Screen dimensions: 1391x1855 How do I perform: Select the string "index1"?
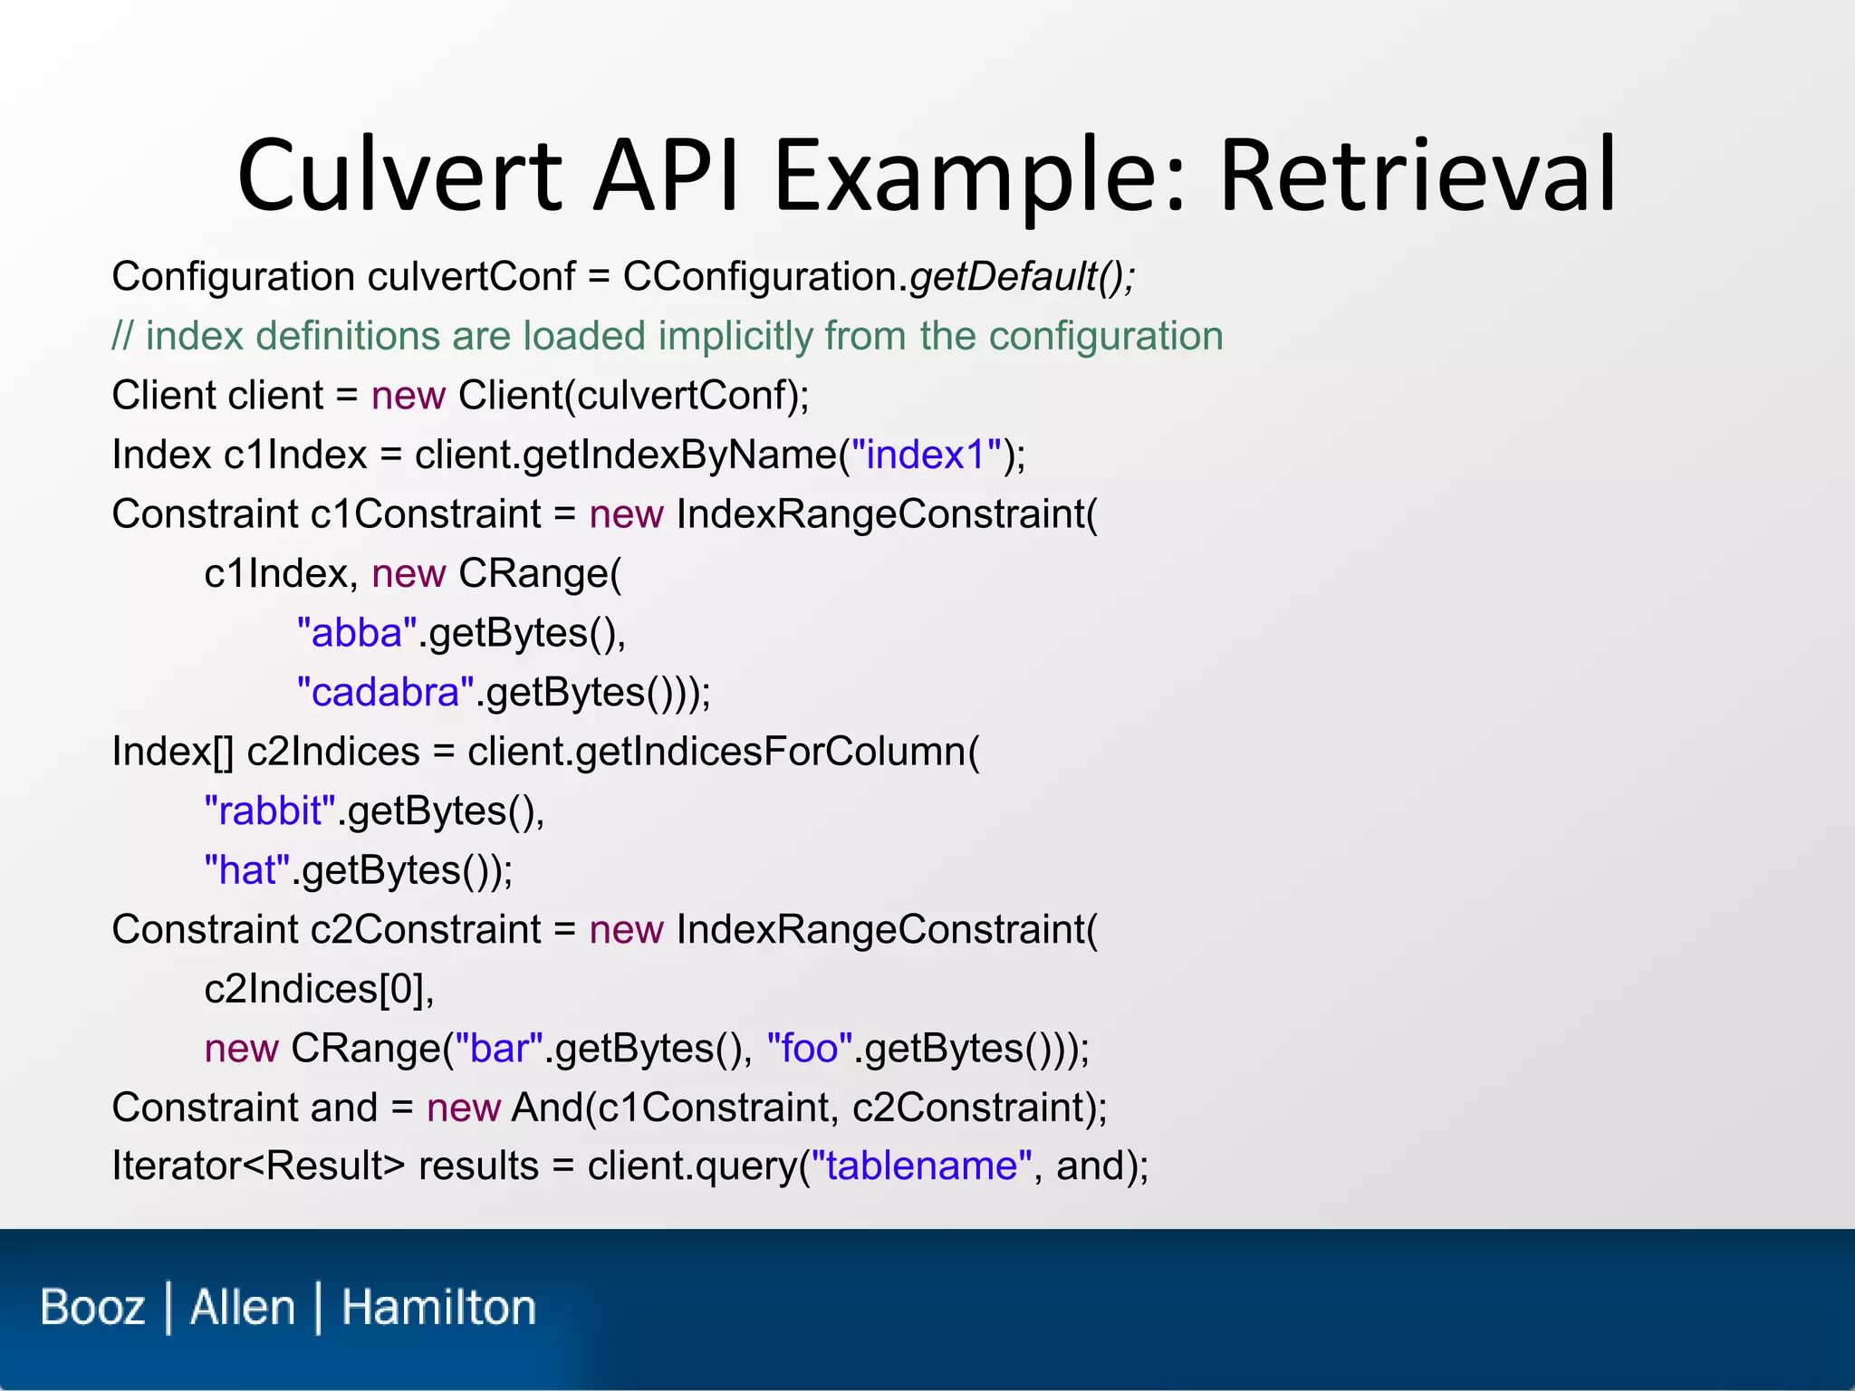(927, 455)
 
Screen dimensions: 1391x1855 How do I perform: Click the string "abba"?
(357, 633)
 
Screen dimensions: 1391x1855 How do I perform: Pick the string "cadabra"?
(386, 693)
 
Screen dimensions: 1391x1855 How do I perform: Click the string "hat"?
(247, 870)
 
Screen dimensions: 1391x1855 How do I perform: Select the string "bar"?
(499, 1049)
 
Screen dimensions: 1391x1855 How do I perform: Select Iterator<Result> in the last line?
(258, 1166)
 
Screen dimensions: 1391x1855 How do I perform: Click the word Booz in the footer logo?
(93, 1308)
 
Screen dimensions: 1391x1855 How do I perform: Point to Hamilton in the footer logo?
(438, 1308)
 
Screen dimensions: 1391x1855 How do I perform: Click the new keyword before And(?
(464, 1108)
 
